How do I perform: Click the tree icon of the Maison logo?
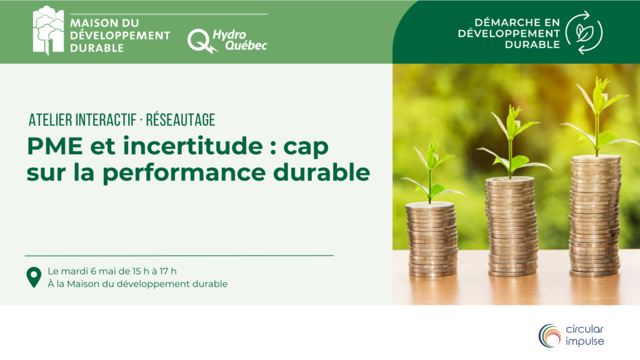click(48, 30)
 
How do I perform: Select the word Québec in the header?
click(246, 45)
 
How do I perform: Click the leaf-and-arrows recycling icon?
click(584, 32)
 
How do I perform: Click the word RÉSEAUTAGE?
click(181, 120)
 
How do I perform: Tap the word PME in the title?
click(55, 146)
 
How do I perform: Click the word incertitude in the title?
click(192, 146)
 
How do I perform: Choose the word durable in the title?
click(322, 172)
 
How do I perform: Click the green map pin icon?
click(34, 277)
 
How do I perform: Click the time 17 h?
click(167, 271)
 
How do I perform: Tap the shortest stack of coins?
click(431, 240)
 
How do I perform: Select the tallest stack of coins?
click(596, 216)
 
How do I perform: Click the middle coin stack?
click(511, 226)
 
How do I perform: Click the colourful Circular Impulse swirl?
click(550, 336)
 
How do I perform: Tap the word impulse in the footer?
click(584, 342)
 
